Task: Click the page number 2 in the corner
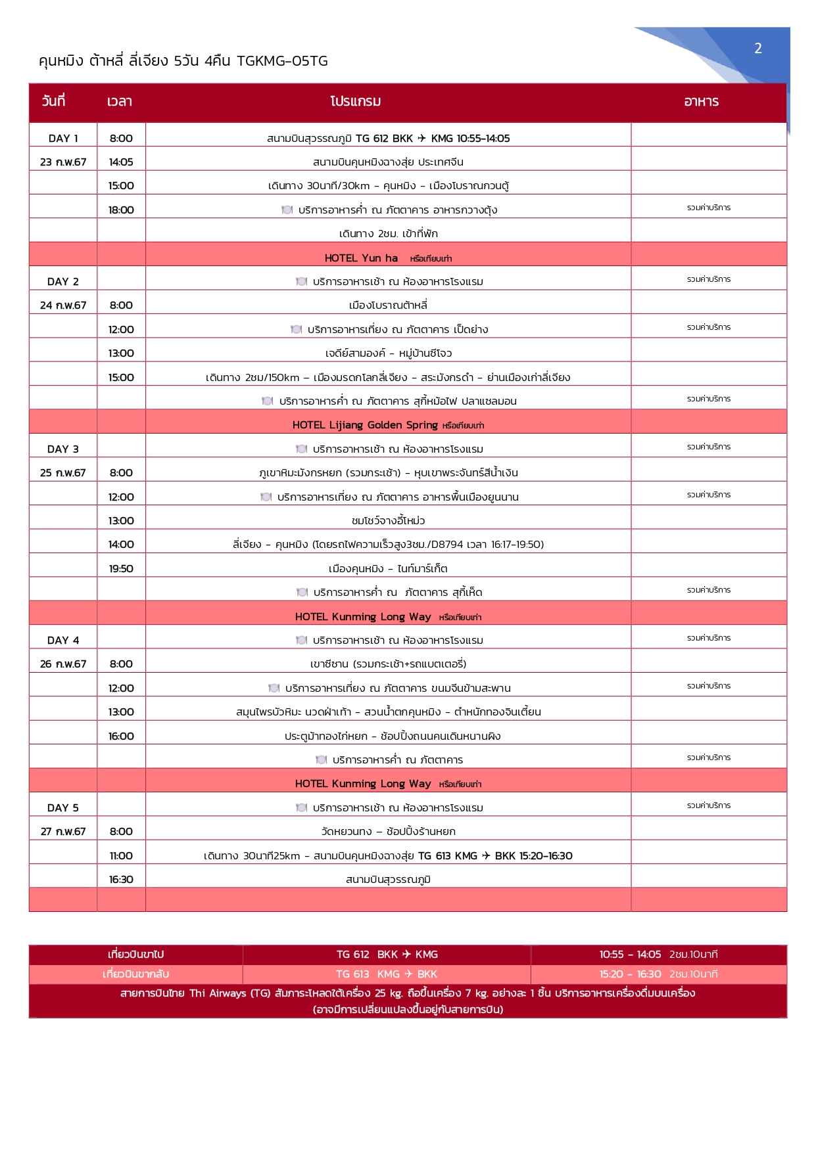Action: pyautogui.click(x=757, y=49)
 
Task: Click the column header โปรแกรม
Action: pyautogui.click(x=356, y=102)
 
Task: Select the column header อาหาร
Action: pyautogui.click(x=701, y=102)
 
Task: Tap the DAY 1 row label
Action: pyautogui.click(x=63, y=138)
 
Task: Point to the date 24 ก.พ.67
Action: pyautogui.click(x=63, y=305)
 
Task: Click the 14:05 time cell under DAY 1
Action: pyautogui.click(x=121, y=162)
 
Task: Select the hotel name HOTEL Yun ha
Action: pyautogui.click(x=361, y=258)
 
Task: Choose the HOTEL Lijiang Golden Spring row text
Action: pyautogui.click(x=365, y=425)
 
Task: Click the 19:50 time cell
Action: pyautogui.click(x=121, y=569)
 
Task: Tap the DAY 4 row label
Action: pyautogui.click(x=63, y=641)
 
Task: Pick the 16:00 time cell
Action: pyautogui.click(x=121, y=736)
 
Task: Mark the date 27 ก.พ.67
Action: pyautogui.click(x=63, y=832)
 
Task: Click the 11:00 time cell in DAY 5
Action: pyautogui.click(x=121, y=856)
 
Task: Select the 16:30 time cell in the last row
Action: pyautogui.click(x=121, y=880)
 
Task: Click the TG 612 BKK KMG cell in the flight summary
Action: pyautogui.click(x=387, y=955)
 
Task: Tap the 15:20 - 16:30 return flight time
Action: pyautogui.click(x=630, y=974)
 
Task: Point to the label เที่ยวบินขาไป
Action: pyautogui.click(x=135, y=955)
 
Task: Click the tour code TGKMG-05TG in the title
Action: pyautogui.click(x=282, y=62)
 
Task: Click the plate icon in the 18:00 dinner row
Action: pyautogui.click(x=287, y=210)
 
